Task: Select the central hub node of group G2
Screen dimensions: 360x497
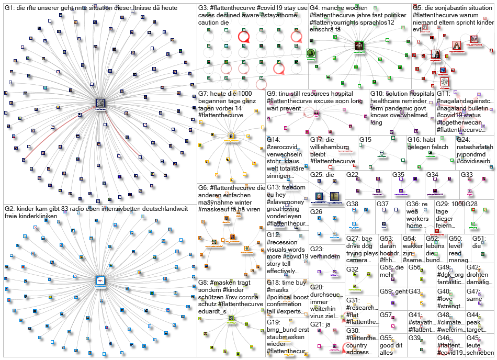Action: tap(98, 280)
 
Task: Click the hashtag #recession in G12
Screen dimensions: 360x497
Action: tap(283, 242)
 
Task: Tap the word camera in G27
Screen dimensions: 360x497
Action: tap(358, 261)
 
